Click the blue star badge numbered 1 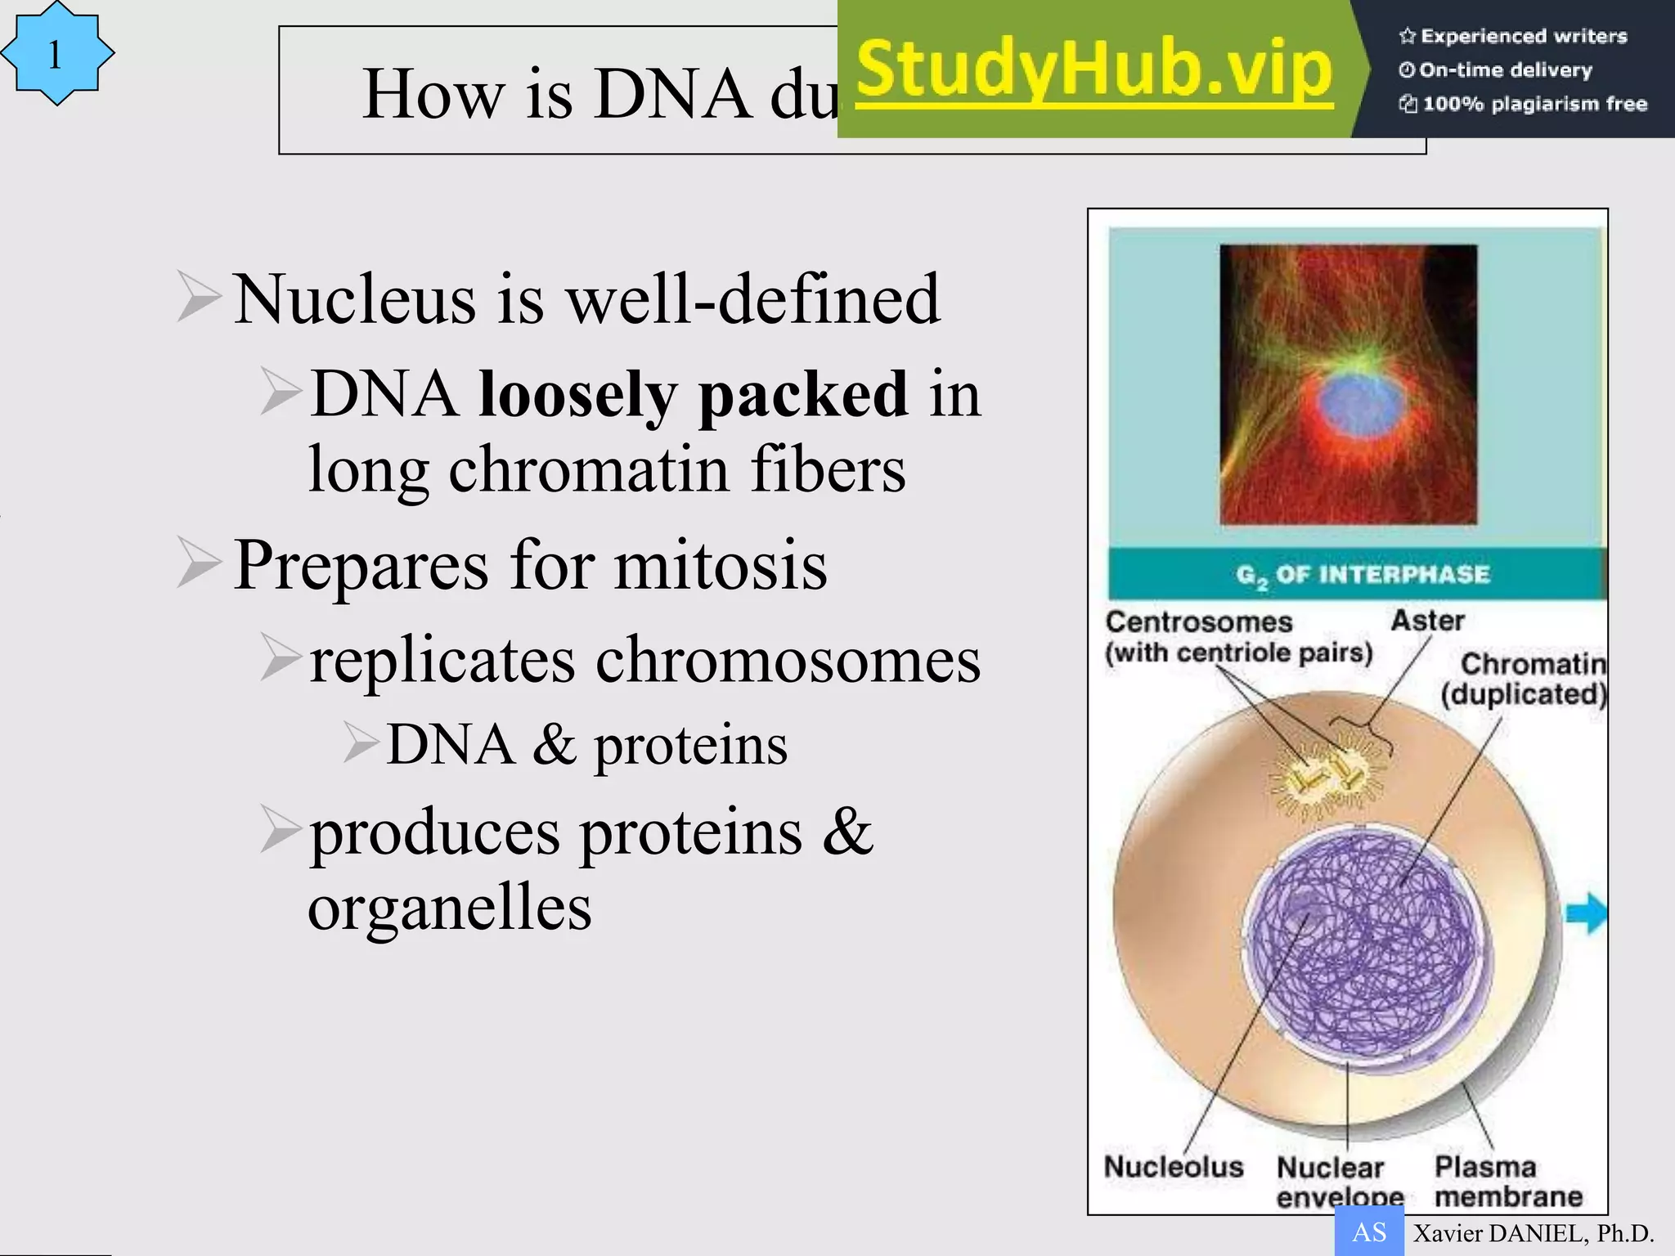point(56,54)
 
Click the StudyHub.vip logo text point(1094,70)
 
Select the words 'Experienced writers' point(1523,36)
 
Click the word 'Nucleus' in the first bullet point(354,299)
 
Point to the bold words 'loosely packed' point(693,395)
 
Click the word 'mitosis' point(721,565)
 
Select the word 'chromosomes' point(787,660)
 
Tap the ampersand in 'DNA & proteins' point(555,745)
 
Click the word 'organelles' point(450,908)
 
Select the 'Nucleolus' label point(1173,1166)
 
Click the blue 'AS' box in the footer point(1368,1231)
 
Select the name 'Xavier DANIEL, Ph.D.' point(1534,1233)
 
